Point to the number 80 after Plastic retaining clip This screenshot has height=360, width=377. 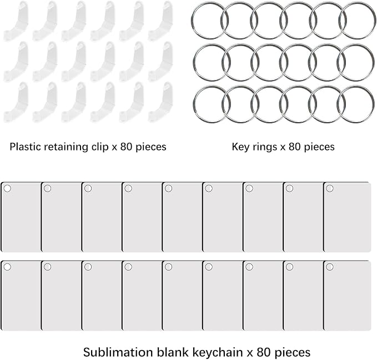[x=127, y=147]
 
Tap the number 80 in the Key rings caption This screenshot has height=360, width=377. [x=295, y=147]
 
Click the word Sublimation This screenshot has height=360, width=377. [x=118, y=352]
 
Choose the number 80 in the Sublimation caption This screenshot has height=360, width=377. [x=264, y=353]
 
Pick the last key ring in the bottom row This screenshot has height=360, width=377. [x=355, y=104]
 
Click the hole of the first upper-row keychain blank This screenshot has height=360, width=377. [x=7, y=188]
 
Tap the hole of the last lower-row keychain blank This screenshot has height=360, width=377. [x=330, y=267]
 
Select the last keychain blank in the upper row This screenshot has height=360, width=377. [x=348, y=217]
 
